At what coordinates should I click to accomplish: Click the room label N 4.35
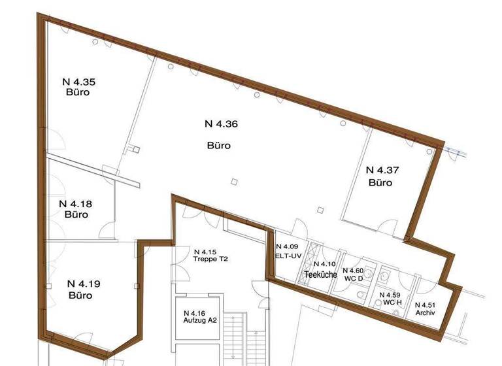[78, 82]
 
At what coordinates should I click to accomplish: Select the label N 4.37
[381, 170]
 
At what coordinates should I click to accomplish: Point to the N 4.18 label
[76, 203]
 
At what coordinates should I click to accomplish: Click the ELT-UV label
[288, 255]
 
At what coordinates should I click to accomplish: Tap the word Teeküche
[321, 275]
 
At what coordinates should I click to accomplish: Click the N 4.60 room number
[356, 271]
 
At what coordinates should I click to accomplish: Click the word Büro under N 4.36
[220, 145]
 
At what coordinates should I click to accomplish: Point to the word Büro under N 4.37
[380, 182]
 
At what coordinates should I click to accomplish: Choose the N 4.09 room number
[287, 246]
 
